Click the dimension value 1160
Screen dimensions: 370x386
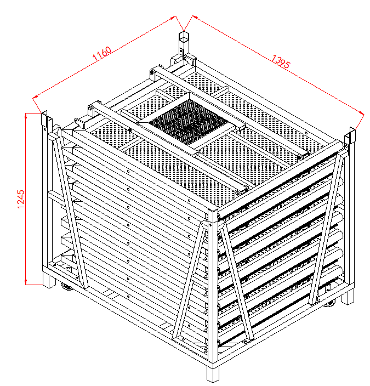click(x=101, y=54)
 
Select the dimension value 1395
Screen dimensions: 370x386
click(x=281, y=61)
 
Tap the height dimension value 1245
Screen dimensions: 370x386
click(x=21, y=199)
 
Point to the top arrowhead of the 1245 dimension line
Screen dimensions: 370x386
click(x=26, y=116)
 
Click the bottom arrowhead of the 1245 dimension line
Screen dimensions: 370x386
click(x=26, y=282)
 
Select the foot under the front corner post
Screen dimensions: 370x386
click(x=213, y=374)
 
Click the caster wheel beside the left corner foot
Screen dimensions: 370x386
click(x=67, y=286)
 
